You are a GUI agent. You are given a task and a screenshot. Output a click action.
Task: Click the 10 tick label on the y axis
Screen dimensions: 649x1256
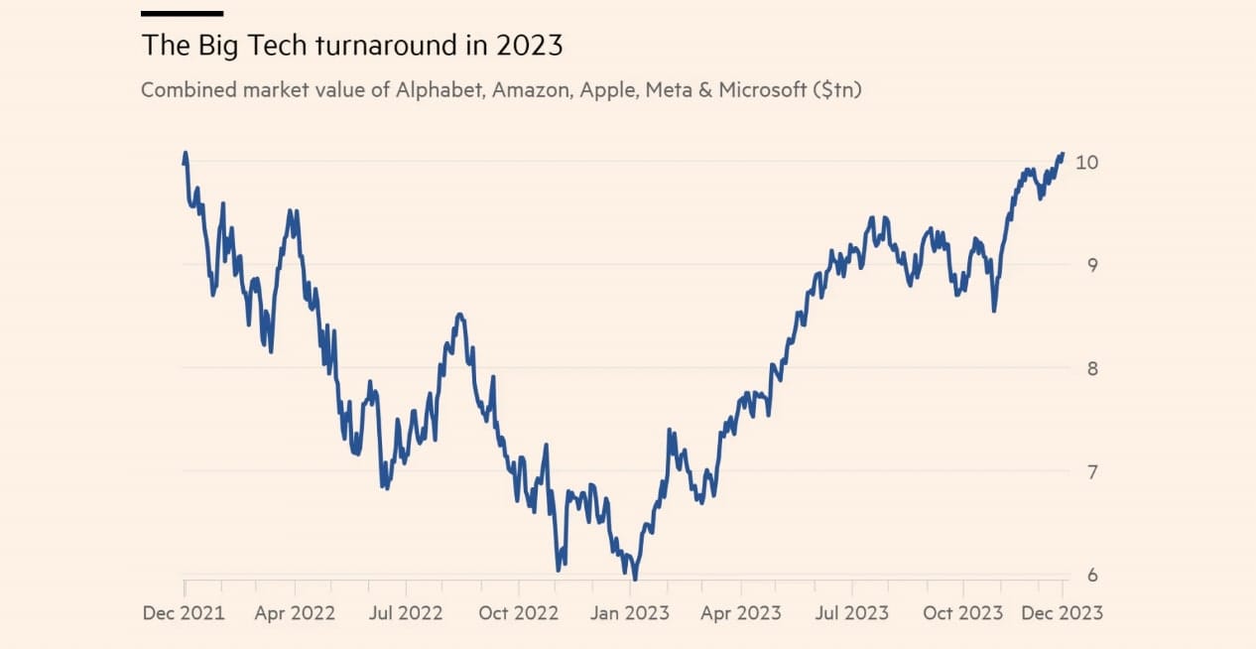pos(1087,162)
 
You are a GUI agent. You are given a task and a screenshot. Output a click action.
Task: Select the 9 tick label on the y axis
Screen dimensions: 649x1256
pos(1092,265)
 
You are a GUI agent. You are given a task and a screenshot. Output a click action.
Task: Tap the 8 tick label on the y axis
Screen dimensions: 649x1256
pos(1092,368)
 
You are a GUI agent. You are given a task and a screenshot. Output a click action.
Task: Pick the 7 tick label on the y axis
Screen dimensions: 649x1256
pos(1092,471)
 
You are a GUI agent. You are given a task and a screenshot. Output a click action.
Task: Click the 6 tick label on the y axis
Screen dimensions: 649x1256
pos(1092,575)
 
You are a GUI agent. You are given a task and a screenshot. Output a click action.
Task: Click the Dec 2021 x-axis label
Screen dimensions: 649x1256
pos(184,612)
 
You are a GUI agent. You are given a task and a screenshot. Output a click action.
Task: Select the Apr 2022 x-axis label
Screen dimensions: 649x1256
pos(295,612)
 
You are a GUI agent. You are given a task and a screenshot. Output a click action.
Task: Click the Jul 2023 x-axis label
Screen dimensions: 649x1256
pos(851,612)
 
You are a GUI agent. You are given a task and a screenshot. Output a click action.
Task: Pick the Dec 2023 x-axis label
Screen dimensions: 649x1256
pos(1064,612)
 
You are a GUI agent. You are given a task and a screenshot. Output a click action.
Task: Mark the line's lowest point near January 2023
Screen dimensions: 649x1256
pos(634,578)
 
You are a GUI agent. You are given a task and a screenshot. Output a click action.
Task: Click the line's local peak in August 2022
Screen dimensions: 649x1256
pos(459,315)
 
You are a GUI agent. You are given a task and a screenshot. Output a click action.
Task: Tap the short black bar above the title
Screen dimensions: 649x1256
pos(182,14)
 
